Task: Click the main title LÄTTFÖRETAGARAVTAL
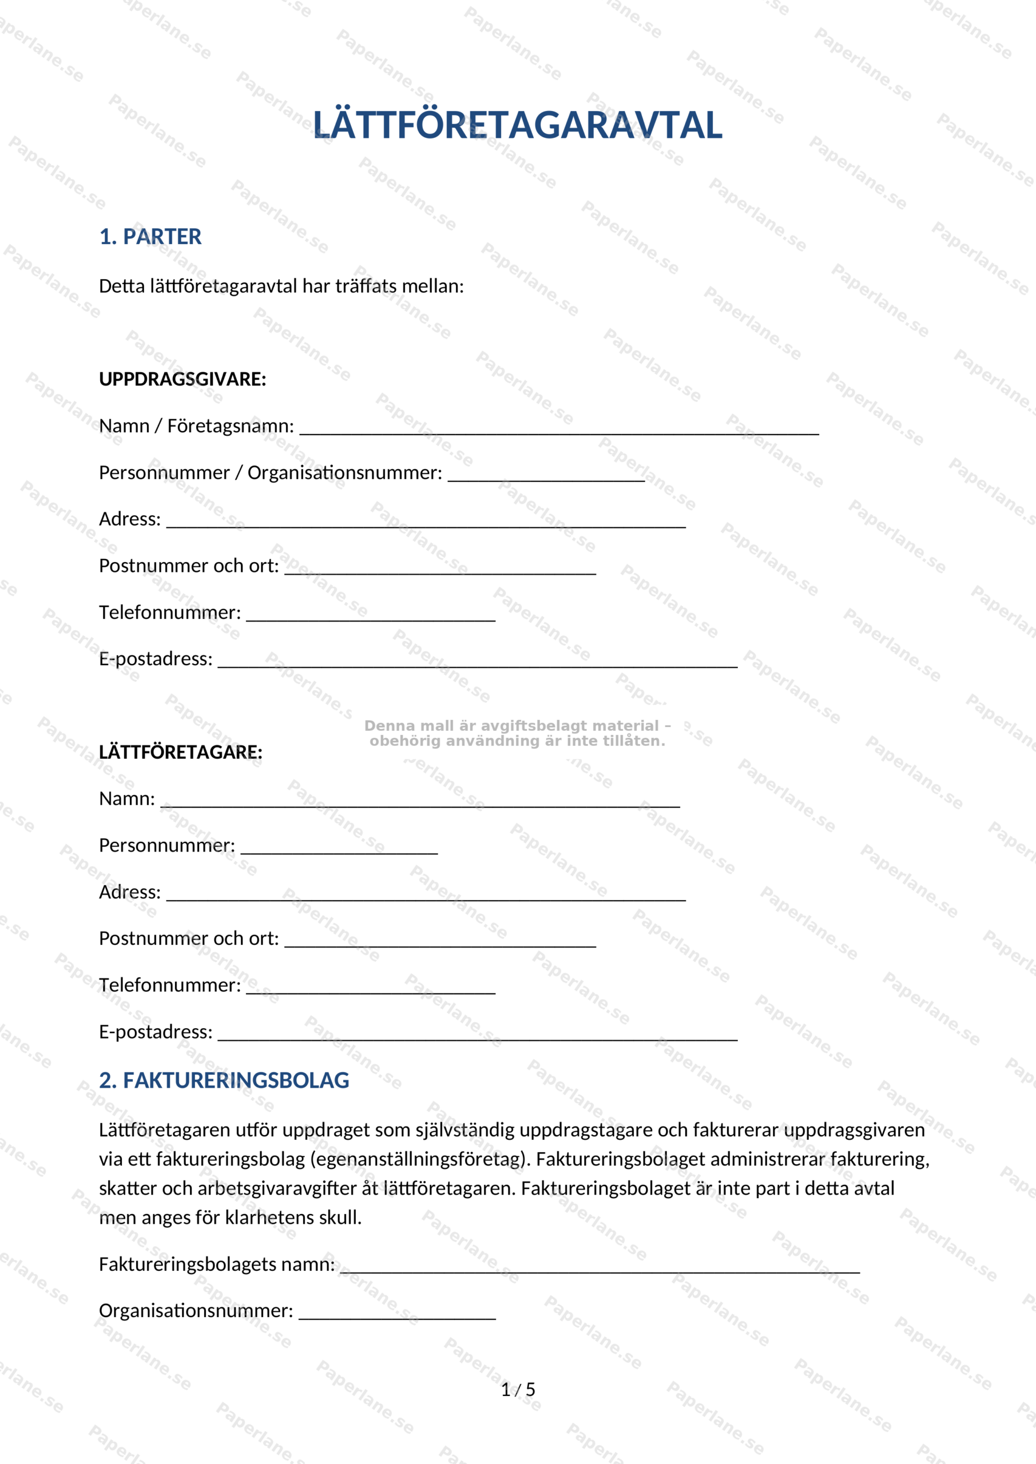pyautogui.click(x=517, y=125)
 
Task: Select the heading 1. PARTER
pyautogui.click(x=150, y=237)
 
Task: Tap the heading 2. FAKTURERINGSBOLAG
pyautogui.click(x=224, y=1080)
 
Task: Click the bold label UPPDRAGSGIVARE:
pyautogui.click(x=182, y=379)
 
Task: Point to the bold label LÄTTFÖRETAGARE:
pyautogui.click(x=181, y=753)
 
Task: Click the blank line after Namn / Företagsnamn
pyautogui.click(x=559, y=431)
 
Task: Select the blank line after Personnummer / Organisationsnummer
pyautogui.click(x=546, y=478)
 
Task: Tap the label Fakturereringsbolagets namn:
pyautogui.click(x=217, y=1264)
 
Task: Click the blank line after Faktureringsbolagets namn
pyautogui.click(x=600, y=1269)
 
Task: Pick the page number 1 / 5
pyautogui.click(x=518, y=1390)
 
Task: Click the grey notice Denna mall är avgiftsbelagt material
pyautogui.click(x=517, y=733)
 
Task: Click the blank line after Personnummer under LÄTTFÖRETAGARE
pyautogui.click(x=339, y=850)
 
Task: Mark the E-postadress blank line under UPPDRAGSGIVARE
pyautogui.click(x=477, y=664)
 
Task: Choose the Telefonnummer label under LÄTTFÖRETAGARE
pyautogui.click(x=170, y=985)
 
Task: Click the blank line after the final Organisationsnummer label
pyautogui.click(x=397, y=1315)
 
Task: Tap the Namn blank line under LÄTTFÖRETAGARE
pyautogui.click(x=420, y=804)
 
